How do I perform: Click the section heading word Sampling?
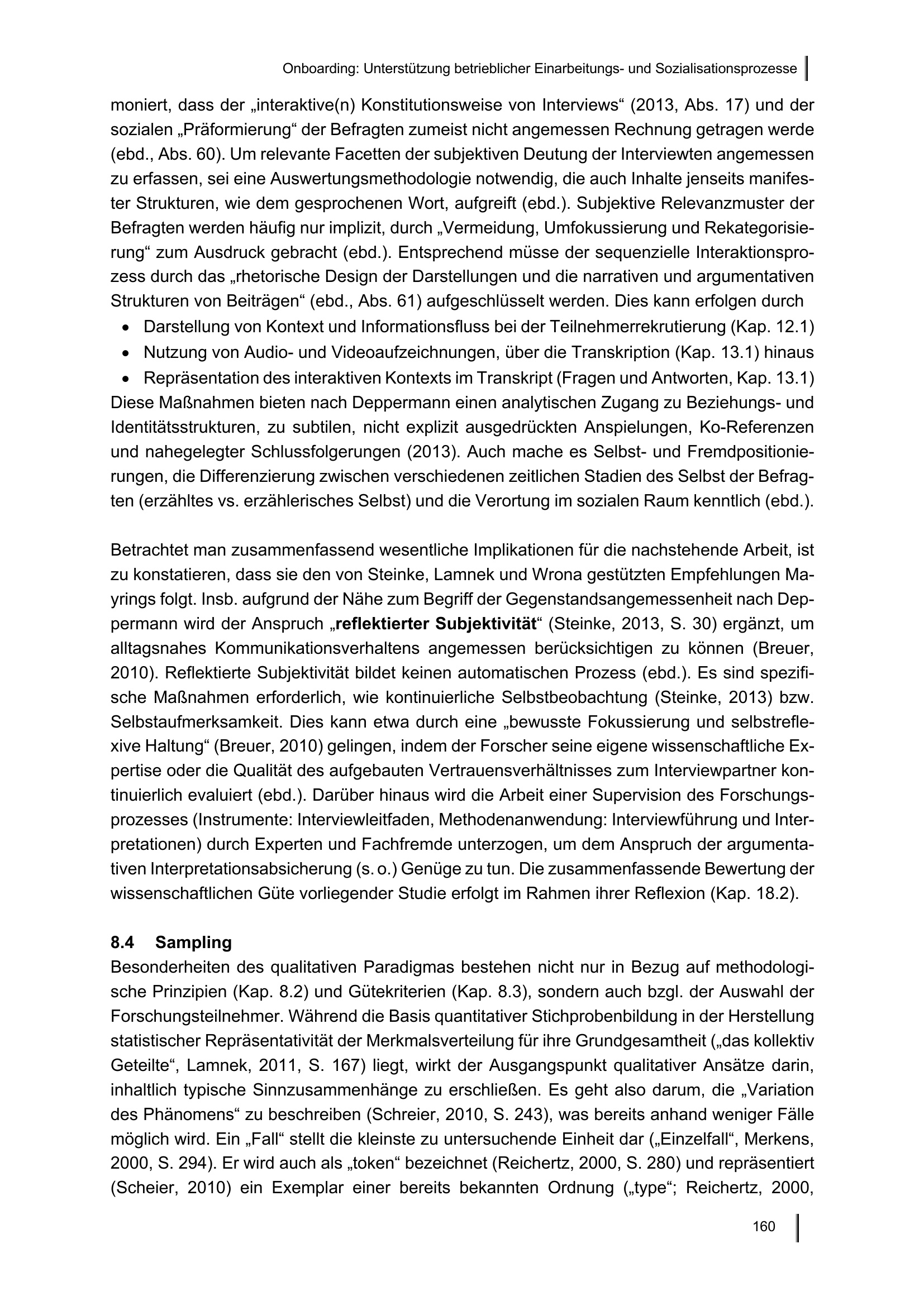tap(193, 943)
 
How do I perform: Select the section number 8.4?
tap(122, 943)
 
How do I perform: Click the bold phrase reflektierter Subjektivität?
tap(436, 624)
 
